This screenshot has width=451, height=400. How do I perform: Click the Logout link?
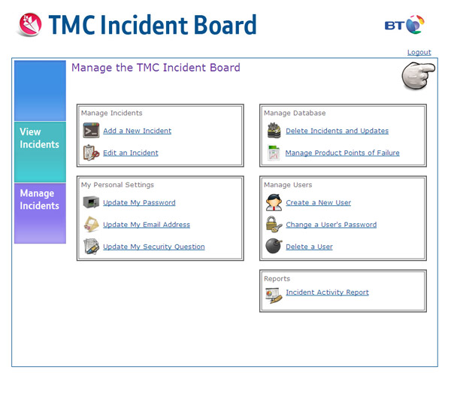(419, 53)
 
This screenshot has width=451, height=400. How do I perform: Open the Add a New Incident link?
(138, 131)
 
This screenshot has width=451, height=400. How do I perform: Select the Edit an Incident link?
(131, 153)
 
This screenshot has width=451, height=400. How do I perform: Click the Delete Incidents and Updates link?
(337, 131)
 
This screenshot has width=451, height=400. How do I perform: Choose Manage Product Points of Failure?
(342, 153)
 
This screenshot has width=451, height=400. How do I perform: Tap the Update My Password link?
(139, 202)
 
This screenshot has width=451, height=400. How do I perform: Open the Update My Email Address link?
(147, 225)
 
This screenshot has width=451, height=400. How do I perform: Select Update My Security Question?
(154, 247)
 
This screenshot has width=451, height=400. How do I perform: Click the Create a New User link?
(319, 202)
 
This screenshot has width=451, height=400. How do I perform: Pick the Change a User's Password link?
(331, 225)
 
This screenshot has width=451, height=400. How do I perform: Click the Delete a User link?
(309, 247)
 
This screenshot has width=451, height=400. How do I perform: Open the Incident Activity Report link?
(327, 292)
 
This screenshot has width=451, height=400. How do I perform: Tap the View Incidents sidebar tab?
(40, 152)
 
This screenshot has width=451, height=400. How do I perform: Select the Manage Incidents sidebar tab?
(40, 214)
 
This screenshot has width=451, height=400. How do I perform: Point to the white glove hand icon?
(418, 76)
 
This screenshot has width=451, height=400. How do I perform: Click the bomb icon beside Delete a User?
(274, 246)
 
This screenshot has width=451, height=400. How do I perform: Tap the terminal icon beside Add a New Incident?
(91, 130)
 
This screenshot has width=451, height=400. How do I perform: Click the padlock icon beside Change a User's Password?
(274, 224)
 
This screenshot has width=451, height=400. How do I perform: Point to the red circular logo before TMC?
(30, 25)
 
